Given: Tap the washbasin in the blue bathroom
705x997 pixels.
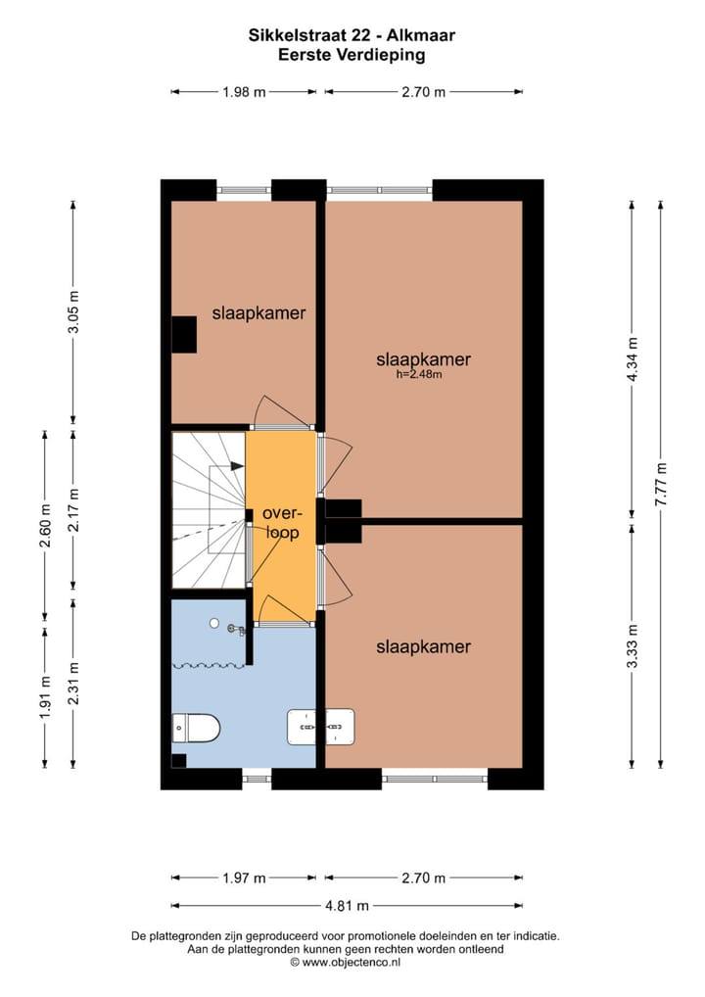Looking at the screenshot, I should [x=320, y=727].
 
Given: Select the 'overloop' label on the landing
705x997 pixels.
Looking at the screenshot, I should [x=281, y=523].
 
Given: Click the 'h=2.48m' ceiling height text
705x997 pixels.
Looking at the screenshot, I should [x=419, y=373].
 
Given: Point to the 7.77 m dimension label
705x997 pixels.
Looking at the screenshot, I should [x=662, y=484].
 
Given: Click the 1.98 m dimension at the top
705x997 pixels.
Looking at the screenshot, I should [x=244, y=92].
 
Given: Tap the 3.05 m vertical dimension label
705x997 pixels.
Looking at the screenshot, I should [x=73, y=312].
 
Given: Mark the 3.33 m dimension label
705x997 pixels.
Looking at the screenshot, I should [x=633, y=646].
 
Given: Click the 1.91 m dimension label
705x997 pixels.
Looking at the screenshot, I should [x=45, y=696].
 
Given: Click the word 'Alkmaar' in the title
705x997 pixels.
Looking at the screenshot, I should [x=423, y=36].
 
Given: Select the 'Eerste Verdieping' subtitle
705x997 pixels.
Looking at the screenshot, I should [x=352, y=56].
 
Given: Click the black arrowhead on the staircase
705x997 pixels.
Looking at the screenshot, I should [x=237, y=467].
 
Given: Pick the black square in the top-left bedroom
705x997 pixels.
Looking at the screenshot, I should [x=184, y=335].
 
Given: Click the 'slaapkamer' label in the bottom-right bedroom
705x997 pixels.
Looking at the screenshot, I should [x=423, y=646].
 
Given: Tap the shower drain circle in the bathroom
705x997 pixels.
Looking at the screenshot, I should [x=213, y=622].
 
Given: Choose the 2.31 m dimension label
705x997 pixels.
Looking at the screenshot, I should [x=73, y=683].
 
